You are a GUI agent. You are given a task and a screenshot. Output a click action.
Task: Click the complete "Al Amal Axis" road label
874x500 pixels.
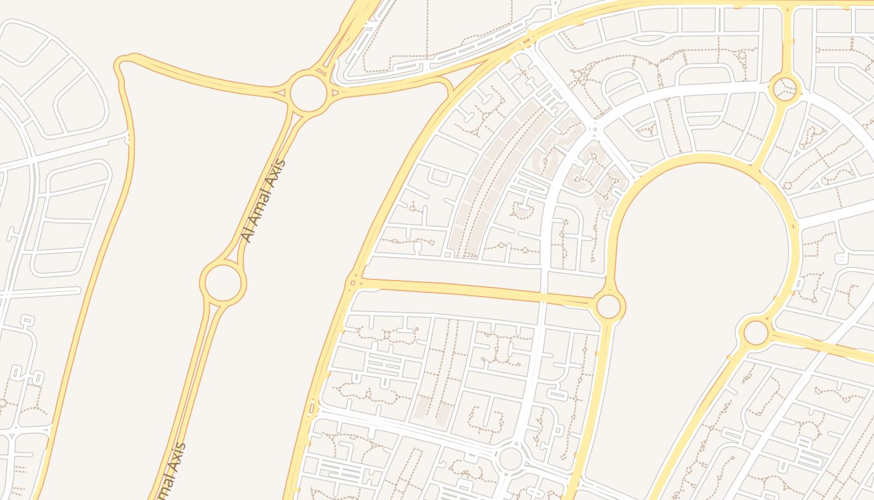point(263,201)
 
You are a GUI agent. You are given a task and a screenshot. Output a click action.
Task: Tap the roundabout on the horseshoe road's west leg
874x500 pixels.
point(608,306)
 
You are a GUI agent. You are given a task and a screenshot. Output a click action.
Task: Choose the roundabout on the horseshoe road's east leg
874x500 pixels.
point(756,332)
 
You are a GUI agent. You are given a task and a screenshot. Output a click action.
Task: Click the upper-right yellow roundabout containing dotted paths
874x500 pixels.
point(785,88)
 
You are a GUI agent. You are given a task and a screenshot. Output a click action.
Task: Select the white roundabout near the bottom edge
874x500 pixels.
point(511,458)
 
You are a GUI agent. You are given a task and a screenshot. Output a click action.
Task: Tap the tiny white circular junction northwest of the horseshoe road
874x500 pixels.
point(594,128)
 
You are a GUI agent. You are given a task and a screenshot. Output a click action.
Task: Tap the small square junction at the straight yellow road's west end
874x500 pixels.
point(353,282)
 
